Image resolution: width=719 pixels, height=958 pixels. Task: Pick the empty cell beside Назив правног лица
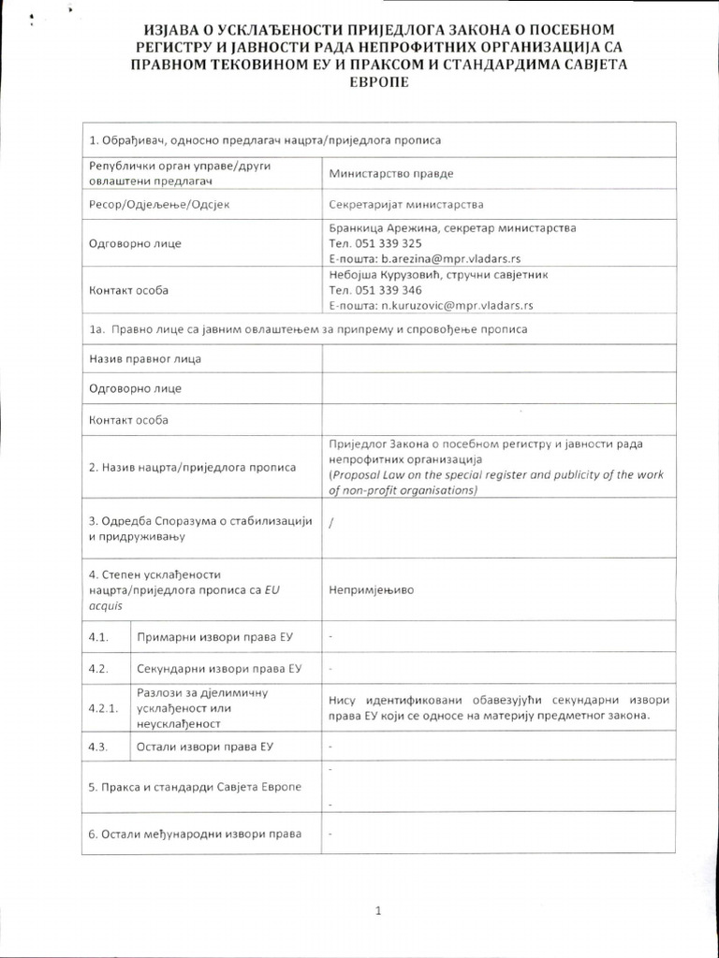497,359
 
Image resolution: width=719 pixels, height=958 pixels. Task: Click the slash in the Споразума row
331,523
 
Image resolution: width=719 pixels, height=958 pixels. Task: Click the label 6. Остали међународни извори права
195,834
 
